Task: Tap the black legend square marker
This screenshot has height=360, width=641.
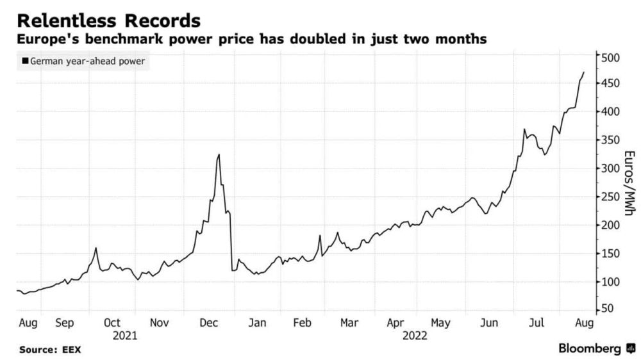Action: tap(25, 61)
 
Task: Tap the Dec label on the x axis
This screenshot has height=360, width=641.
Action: tap(208, 323)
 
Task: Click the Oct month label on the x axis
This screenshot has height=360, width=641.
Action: tap(112, 323)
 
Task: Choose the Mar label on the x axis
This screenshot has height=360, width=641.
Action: tap(349, 323)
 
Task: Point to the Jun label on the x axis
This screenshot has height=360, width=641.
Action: tap(489, 323)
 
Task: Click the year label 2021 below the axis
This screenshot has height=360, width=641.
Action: tap(125, 335)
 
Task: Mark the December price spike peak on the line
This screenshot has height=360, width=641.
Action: tap(219, 154)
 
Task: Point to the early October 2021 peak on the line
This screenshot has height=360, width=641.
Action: tap(96, 248)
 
